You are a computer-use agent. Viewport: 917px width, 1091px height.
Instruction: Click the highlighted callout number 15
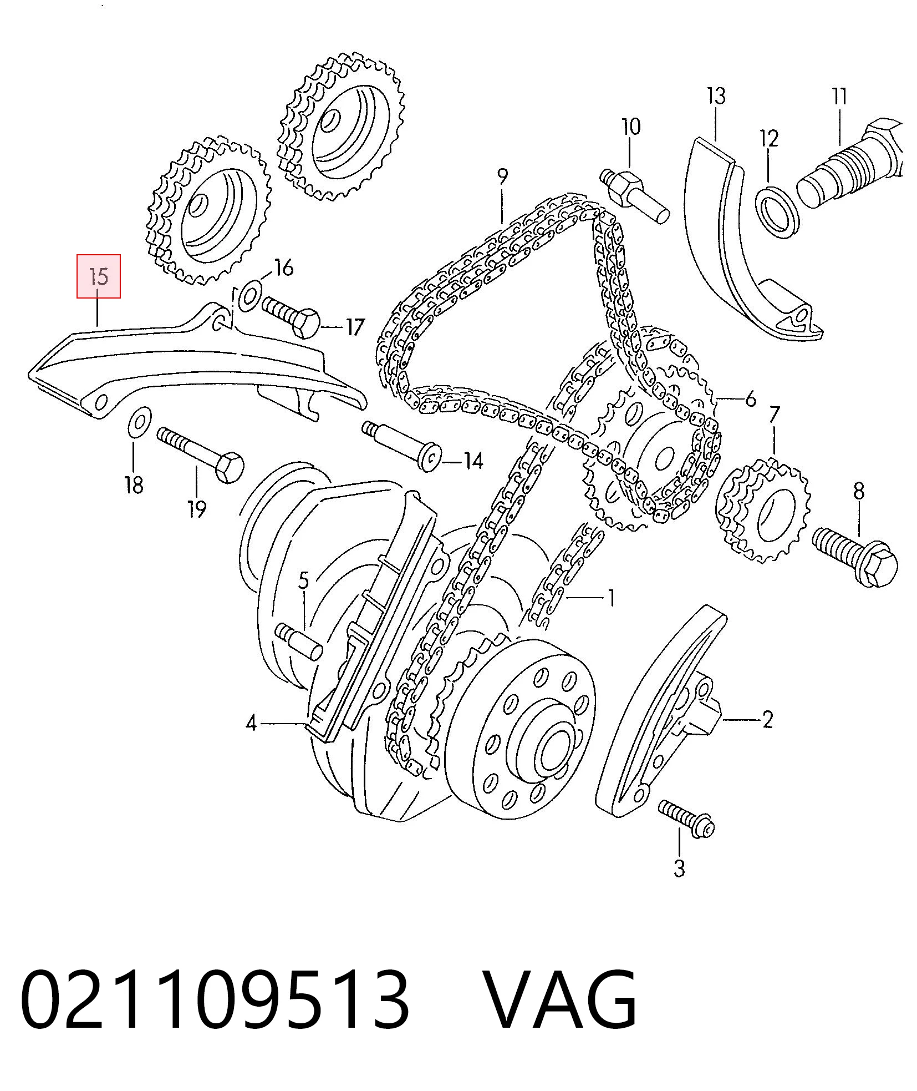pos(98,276)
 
